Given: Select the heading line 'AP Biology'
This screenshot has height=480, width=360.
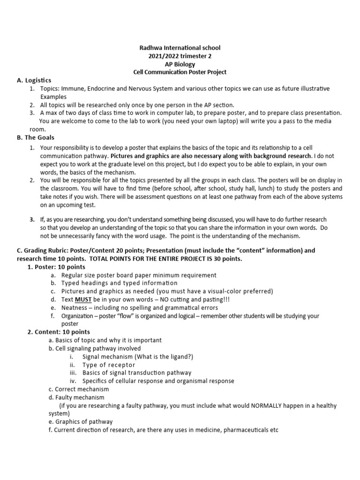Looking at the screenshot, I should click(180, 64).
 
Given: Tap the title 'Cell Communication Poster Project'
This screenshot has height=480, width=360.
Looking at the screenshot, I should click(180, 72).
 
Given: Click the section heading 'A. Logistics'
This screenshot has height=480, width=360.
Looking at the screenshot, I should click(34, 80).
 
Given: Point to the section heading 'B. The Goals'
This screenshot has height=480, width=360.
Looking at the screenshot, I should click(36, 137).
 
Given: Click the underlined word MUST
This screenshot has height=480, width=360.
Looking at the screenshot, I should click(83, 300).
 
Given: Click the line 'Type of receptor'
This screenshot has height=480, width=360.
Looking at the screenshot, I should click(109, 365).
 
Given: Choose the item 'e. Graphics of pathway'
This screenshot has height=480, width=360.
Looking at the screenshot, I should click(81, 421).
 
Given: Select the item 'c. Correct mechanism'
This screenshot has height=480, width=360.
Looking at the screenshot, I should click(79, 389).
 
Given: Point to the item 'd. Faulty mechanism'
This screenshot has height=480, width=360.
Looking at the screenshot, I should click(77, 397).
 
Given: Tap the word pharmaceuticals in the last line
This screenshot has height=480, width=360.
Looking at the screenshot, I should click(240, 429).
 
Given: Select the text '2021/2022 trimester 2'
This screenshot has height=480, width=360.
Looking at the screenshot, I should click(180, 56).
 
